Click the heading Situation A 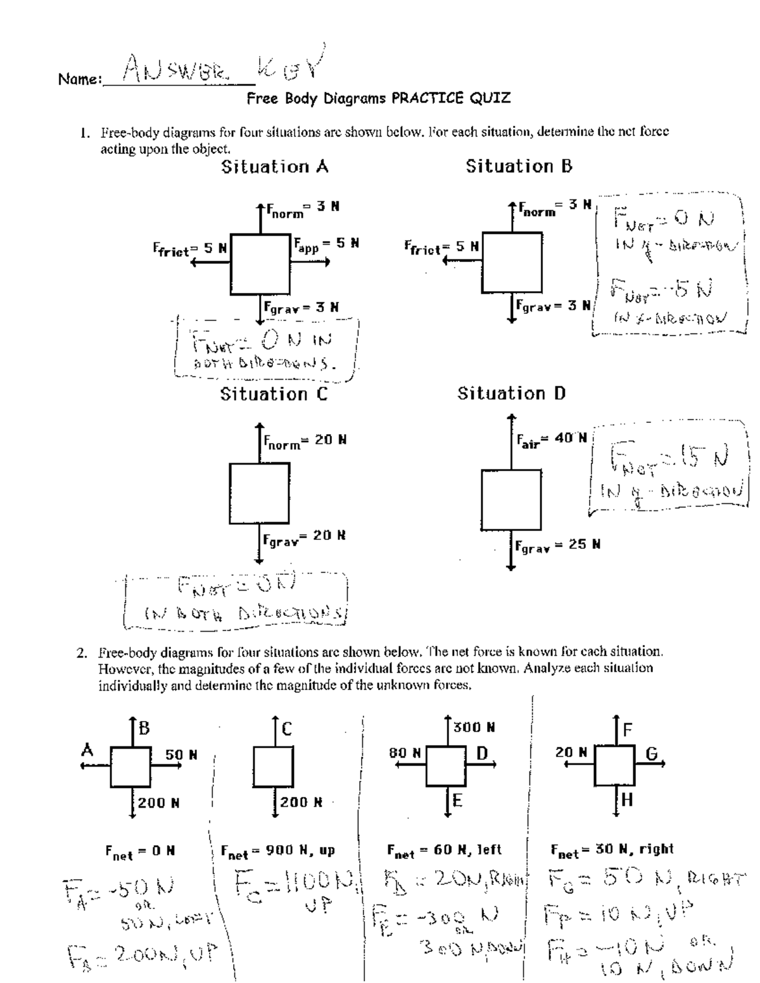coord(274,167)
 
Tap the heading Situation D coord(512,394)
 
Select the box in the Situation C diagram coord(259,493)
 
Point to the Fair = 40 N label coord(552,439)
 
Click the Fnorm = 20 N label coord(305,441)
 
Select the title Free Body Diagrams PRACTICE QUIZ coord(378,98)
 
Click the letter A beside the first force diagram coord(87,750)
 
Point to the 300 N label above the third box coord(474,728)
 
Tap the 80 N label coord(405,753)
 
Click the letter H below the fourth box coord(626,801)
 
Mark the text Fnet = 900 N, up coord(277,851)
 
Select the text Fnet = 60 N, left coord(444,851)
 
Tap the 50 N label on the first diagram coord(181,754)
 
